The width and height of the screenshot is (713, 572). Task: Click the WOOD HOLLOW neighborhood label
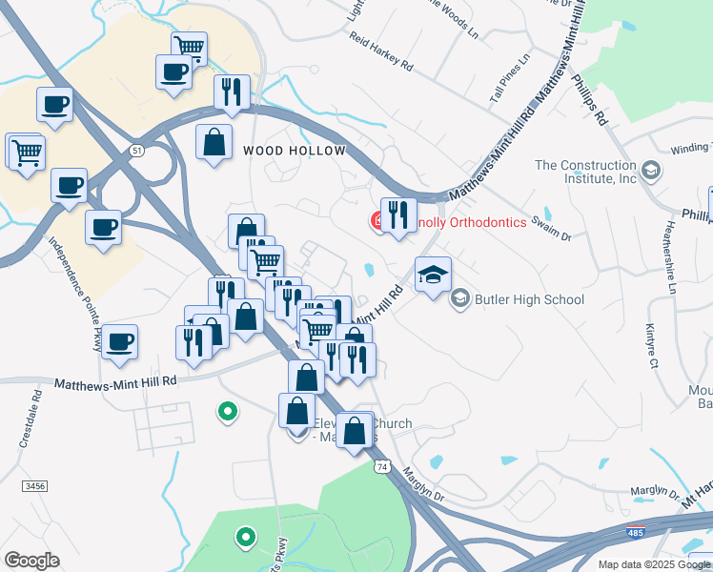point(293,151)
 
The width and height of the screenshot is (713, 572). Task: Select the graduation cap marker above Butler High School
point(433,274)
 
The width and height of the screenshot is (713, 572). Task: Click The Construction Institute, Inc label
point(585,172)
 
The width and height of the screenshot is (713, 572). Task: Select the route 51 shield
point(138,151)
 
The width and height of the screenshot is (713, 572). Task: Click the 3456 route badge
point(35,486)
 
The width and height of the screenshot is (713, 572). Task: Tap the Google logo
point(31,561)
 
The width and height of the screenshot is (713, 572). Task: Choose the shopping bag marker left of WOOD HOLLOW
point(214,143)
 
